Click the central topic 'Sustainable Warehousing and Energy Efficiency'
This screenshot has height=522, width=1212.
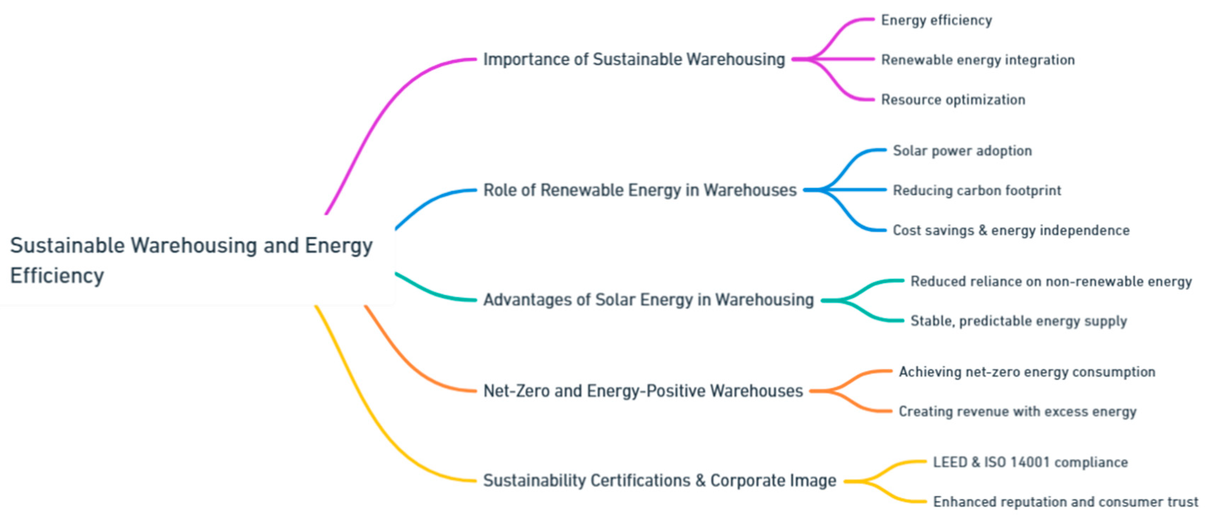coord(191,260)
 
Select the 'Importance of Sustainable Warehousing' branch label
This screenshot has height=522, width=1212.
coord(634,60)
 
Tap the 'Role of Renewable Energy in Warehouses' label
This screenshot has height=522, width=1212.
coord(639,191)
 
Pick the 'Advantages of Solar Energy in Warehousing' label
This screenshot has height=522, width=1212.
coord(648,300)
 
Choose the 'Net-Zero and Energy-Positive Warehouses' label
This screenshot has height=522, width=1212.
coord(643,391)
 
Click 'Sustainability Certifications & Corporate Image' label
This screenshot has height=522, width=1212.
coord(659,481)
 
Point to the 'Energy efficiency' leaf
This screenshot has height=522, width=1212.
coord(936,20)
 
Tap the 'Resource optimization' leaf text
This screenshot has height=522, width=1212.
coord(953,100)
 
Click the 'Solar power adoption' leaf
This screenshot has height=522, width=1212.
coord(962,151)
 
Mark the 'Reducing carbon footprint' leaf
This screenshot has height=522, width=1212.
coord(977,191)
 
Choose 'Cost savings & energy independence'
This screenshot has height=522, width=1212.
coord(1011,230)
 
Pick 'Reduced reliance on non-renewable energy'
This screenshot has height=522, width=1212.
coord(1051,282)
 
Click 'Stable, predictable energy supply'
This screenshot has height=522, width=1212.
coord(1019,321)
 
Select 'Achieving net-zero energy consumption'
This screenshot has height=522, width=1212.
coord(1027,372)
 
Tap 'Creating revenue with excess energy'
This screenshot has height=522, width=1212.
coord(1017,412)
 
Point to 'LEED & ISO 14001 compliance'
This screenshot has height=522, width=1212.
coord(1030,462)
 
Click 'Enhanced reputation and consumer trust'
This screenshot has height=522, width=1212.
coord(1065,502)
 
